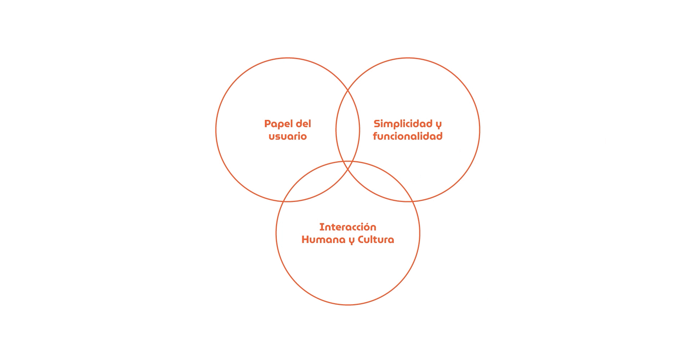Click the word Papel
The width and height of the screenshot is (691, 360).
click(x=278, y=124)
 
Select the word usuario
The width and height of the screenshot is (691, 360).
click(x=288, y=136)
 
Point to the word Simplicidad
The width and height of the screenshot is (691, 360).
click(x=403, y=124)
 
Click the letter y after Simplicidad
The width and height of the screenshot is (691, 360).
click(x=439, y=125)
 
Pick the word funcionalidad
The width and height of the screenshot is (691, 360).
click(x=408, y=136)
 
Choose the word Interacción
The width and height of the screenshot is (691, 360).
click(x=348, y=227)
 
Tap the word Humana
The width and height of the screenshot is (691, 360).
click(x=323, y=240)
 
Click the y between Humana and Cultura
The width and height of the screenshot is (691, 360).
click(x=352, y=240)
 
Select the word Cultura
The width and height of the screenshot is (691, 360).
click(x=376, y=240)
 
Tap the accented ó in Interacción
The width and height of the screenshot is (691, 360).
click(x=366, y=227)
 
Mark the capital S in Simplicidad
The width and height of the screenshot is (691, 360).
click(x=377, y=124)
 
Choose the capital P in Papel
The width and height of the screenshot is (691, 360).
click(x=267, y=124)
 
